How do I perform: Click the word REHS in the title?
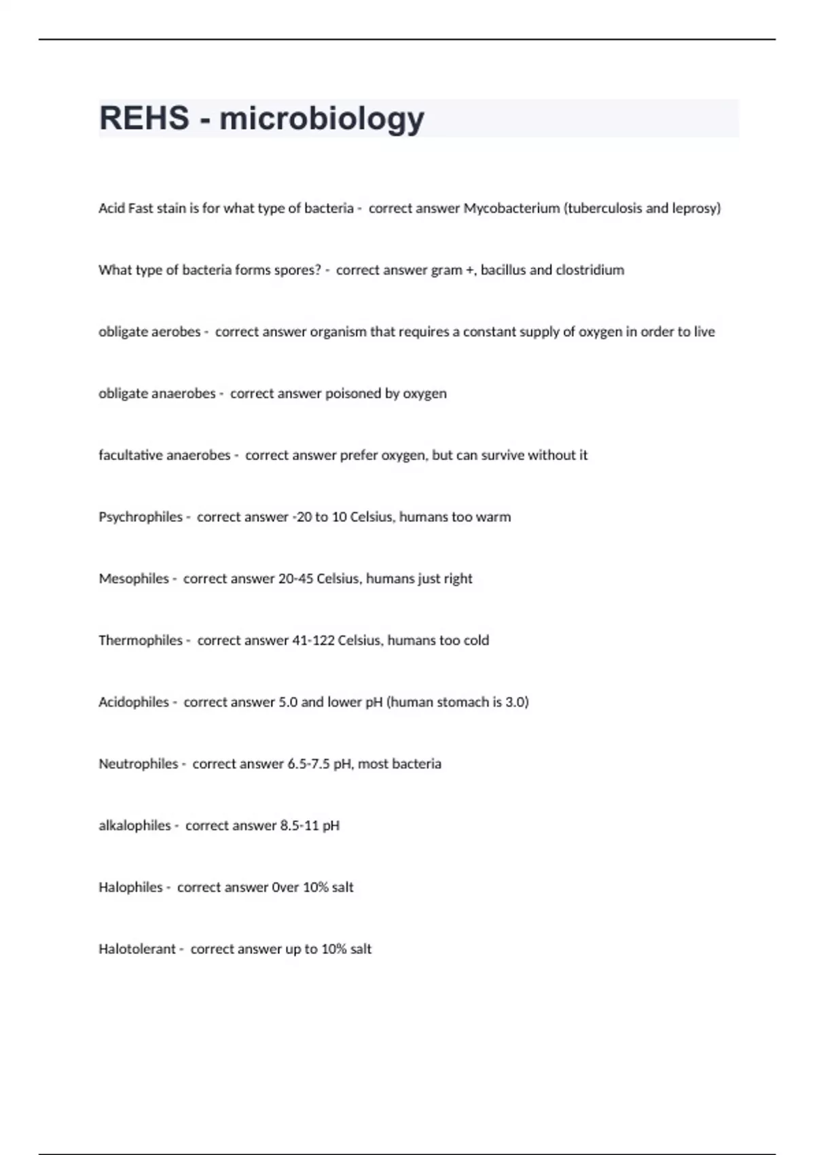(x=144, y=118)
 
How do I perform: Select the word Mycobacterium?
(x=511, y=209)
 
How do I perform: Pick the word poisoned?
(x=354, y=393)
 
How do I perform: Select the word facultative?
(x=130, y=455)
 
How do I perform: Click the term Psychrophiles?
(x=141, y=517)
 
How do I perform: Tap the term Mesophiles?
(x=134, y=579)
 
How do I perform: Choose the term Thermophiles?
(x=141, y=641)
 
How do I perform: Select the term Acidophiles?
(x=134, y=703)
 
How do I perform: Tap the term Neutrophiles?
(x=138, y=764)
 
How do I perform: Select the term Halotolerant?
(x=137, y=949)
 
